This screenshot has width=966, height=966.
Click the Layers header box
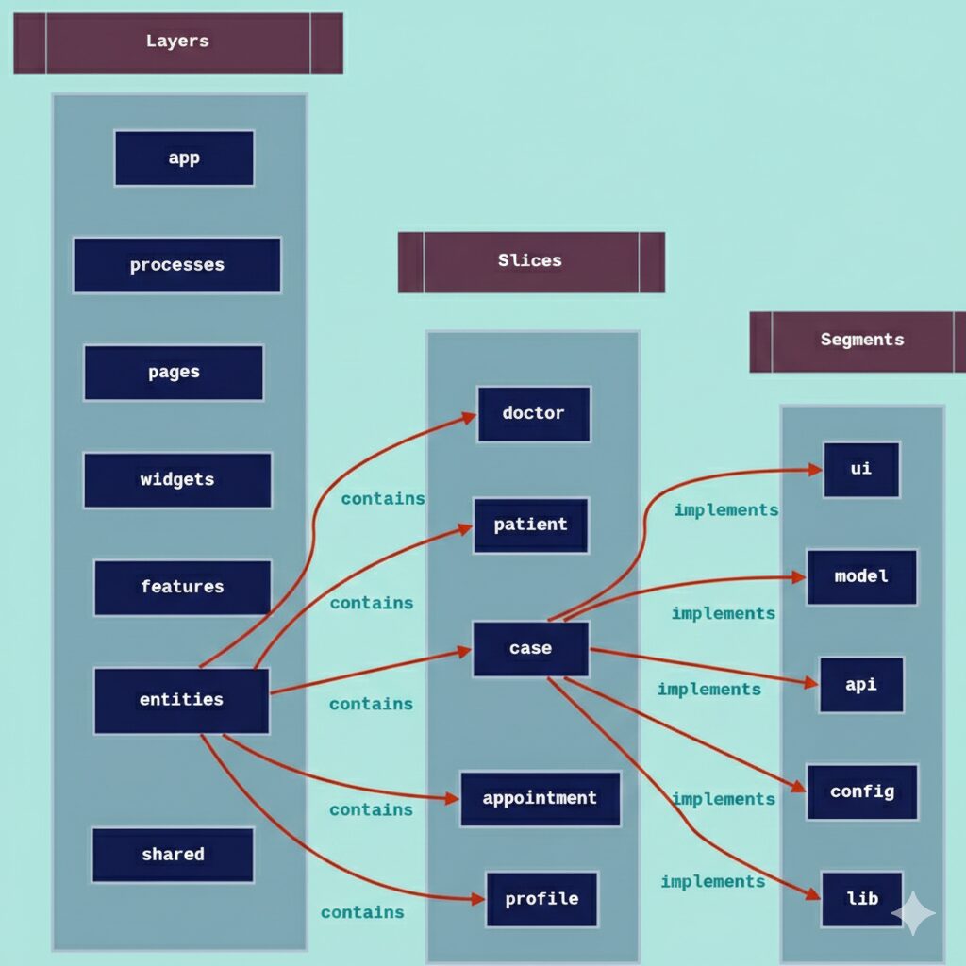[x=177, y=42]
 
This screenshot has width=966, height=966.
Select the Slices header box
[x=530, y=261]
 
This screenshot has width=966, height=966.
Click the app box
[x=184, y=158]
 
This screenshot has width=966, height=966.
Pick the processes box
[x=176, y=265]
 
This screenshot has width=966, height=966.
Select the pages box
[x=174, y=373]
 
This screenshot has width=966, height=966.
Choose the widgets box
[x=177, y=480]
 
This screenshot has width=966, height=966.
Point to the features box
[x=182, y=587]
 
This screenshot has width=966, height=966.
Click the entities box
[x=181, y=700]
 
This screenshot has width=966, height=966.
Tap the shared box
[x=173, y=855]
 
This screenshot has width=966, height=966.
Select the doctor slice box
[x=533, y=413]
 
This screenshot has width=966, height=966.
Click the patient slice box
[x=530, y=525]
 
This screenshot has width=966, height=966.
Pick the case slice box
[x=530, y=649]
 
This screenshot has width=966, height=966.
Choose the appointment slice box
[x=540, y=798]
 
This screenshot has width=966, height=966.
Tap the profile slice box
[x=541, y=899]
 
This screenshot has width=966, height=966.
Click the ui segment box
[x=860, y=469]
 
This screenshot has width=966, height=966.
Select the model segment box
[x=861, y=576]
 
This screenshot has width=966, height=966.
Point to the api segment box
[x=860, y=685]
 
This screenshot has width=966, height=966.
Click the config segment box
[x=861, y=791]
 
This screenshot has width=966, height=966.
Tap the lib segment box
[x=861, y=899]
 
